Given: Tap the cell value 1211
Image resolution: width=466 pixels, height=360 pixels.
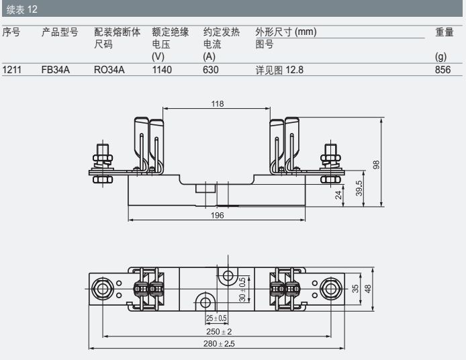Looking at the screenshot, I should pyautogui.click(x=12, y=69).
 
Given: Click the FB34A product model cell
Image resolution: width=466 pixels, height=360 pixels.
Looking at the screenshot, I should pyautogui.click(x=54, y=69).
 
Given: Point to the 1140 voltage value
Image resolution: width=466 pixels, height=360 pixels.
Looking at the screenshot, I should pyautogui.click(x=162, y=69).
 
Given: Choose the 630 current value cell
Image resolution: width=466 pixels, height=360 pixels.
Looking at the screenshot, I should pyautogui.click(x=211, y=69).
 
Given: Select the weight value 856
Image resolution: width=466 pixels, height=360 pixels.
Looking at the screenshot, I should pyautogui.click(x=442, y=69).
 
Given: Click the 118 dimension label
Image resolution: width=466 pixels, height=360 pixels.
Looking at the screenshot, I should pyautogui.click(x=217, y=103).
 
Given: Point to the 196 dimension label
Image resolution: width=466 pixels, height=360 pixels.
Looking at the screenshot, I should pyautogui.click(x=217, y=215).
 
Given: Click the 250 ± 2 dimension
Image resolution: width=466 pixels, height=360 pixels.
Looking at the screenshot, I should pyautogui.click(x=218, y=332).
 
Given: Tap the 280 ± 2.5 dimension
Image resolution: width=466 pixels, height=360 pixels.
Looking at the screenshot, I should pyautogui.click(x=218, y=344).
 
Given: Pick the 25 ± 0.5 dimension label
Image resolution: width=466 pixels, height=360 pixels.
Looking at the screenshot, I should pyautogui.click(x=216, y=318).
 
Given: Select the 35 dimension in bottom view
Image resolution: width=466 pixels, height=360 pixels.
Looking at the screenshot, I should pyautogui.click(x=355, y=288).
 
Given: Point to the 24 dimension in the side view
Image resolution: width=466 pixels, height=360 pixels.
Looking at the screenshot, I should pyautogui.click(x=339, y=195).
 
